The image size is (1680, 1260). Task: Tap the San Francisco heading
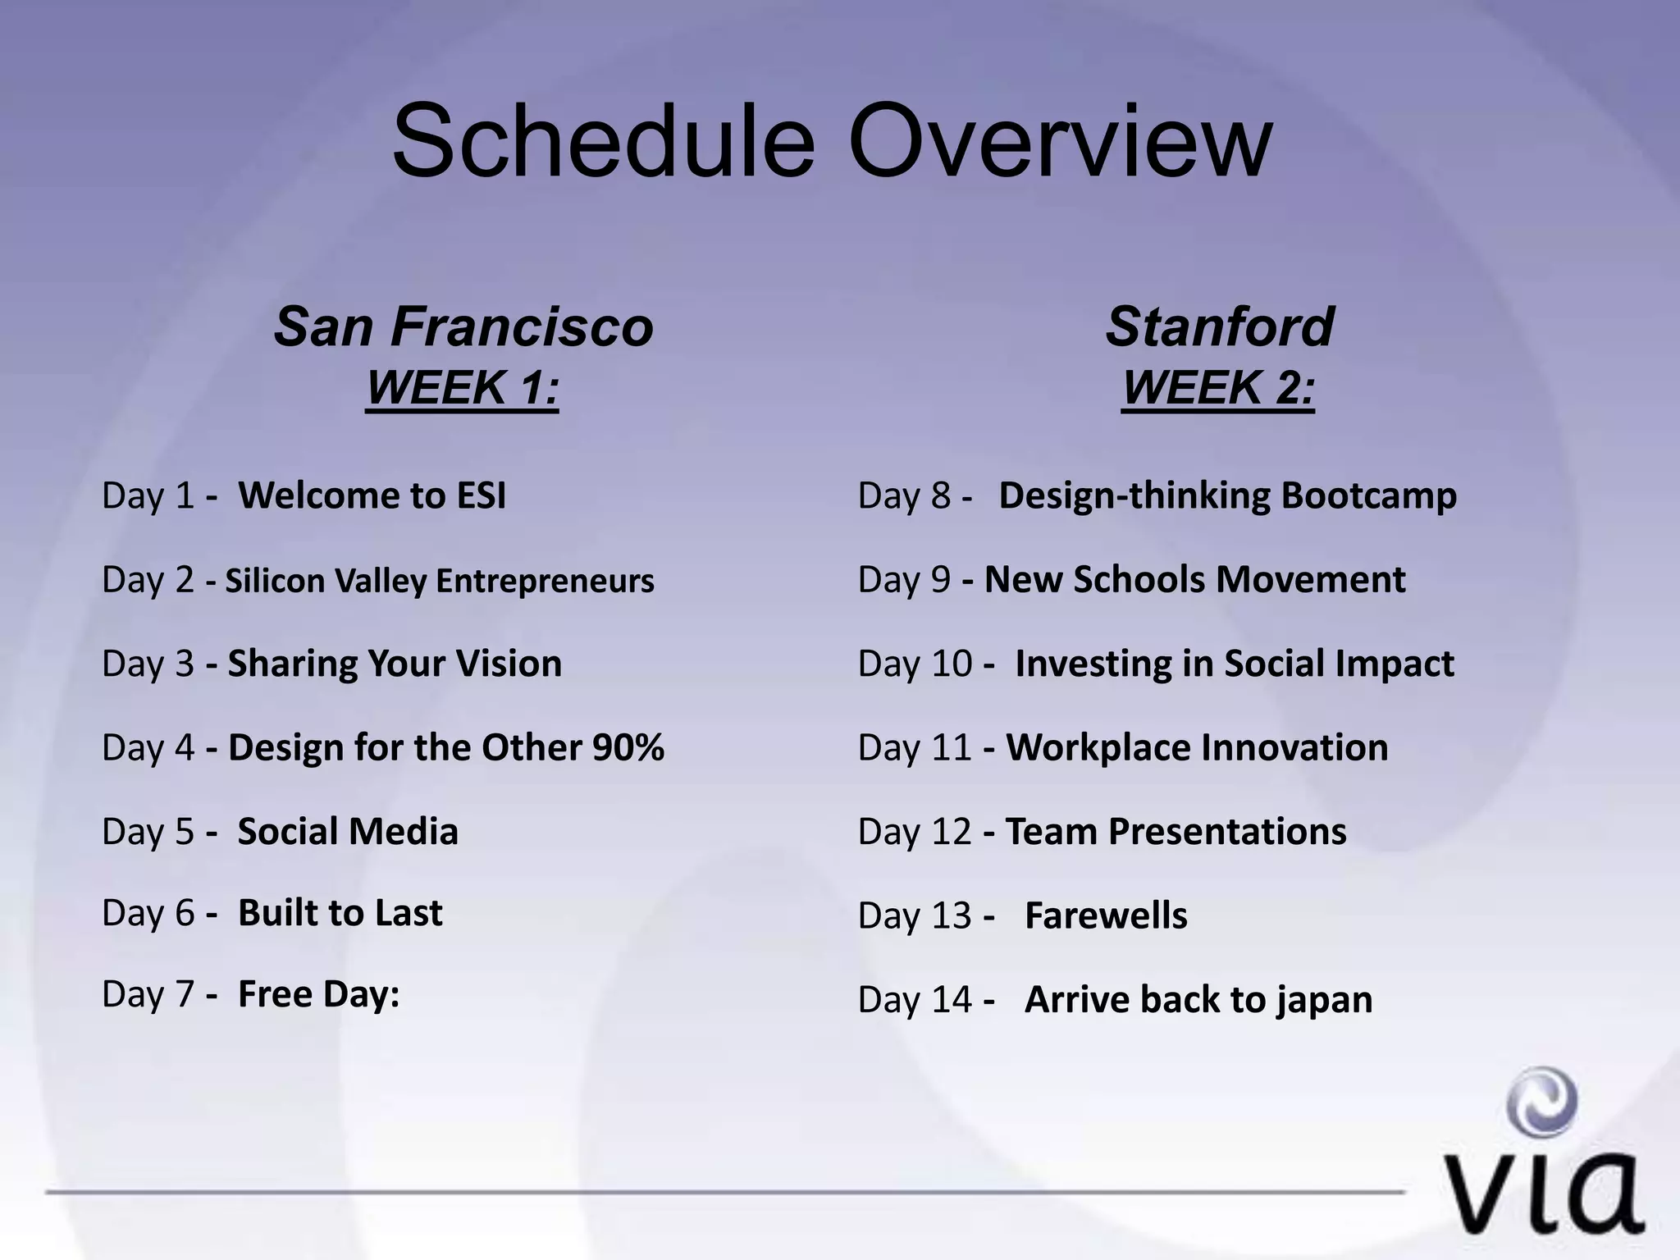pyautogui.click(x=463, y=326)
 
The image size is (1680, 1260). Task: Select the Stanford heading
pyautogui.click(x=1219, y=326)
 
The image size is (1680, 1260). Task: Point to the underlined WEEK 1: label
pyautogui.click(x=462, y=387)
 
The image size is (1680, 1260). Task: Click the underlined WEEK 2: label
pyautogui.click(x=1218, y=387)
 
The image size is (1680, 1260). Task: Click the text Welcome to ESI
pyautogui.click(x=372, y=495)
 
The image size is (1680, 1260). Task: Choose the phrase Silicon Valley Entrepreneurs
pyautogui.click(x=440, y=581)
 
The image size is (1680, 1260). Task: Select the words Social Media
pyautogui.click(x=348, y=832)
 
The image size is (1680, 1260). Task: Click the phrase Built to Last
pyautogui.click(x=340, y=913)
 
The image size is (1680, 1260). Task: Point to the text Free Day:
pyautogui.click(x=318, y=994)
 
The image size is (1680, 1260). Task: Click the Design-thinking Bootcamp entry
pyautogui.click(x=1227, y=495)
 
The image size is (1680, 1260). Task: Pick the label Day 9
pyautogui.click(x=904, y=580)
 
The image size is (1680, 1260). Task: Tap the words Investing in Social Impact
pyautogui.click(x=1234, y=664)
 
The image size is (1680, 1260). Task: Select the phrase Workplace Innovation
pyautogui.click(x=1197, y=747)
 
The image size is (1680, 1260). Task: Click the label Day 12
pyautogui.click(x=914, y=832)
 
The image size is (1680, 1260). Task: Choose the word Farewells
pyautogui.click(x=1106, y=915)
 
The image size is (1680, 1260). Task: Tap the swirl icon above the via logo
pyautogui.click(x=1543, y=1102)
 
